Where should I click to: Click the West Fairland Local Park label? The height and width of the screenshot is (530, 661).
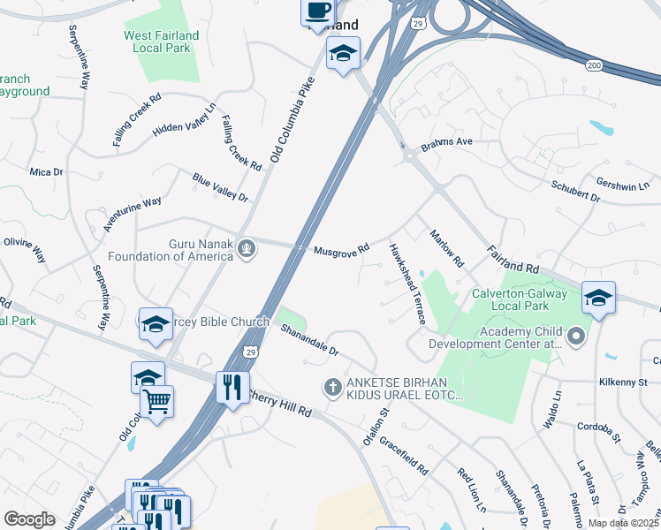coord(162,42)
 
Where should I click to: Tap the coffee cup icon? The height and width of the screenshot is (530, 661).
coord(318,11)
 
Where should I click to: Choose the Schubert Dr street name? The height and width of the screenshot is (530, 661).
coord(575,192)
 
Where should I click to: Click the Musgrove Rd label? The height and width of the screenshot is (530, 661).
coord(341,250)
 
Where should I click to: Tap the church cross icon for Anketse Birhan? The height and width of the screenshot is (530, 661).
coord(332,387)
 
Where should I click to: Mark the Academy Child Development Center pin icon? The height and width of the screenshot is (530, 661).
coord(576,337)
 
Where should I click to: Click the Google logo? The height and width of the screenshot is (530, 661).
coord(30,519)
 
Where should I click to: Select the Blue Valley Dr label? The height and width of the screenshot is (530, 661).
coord(220,187)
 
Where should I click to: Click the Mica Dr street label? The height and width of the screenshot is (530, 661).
coord(46,171)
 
